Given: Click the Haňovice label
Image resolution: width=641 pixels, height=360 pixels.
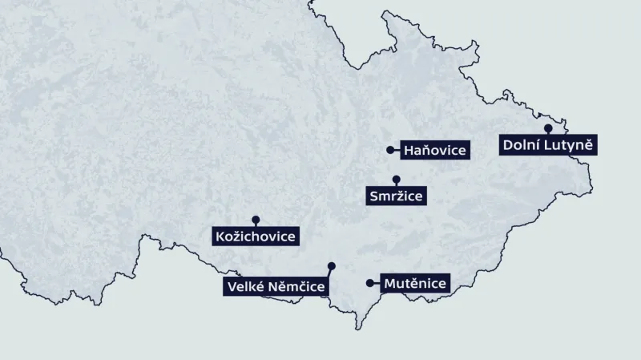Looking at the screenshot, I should [435, 150].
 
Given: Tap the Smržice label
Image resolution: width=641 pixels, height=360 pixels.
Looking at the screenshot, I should [396, 196].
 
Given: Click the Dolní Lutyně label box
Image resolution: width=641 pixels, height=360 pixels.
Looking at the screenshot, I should [549, 145].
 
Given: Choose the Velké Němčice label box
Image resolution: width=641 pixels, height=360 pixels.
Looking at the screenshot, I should [275, 287].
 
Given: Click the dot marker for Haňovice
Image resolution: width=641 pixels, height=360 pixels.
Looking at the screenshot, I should [390, 149].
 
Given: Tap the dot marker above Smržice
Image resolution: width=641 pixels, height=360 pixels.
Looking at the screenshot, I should [396, 179].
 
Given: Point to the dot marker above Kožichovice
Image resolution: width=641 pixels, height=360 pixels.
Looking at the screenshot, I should [256, 219].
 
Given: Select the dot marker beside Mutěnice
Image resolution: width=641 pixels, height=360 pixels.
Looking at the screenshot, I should [369, 283].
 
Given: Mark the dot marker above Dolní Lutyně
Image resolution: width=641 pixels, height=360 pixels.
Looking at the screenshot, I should [548, 127].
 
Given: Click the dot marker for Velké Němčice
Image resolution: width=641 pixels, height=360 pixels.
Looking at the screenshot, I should [332, 265].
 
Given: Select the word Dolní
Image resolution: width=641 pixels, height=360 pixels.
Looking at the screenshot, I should [522, 145].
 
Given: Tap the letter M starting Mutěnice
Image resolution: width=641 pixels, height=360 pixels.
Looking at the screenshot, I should [389, 283].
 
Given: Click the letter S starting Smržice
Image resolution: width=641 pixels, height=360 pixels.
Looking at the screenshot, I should [374, 196].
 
